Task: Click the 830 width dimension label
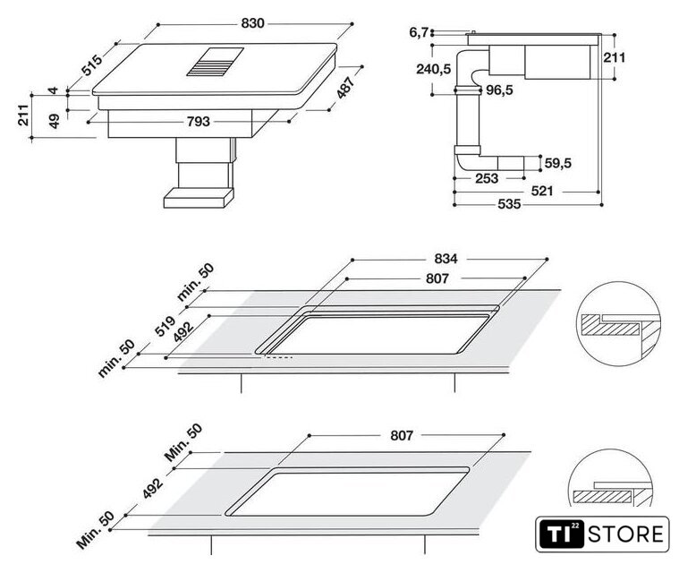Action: pos(252,23)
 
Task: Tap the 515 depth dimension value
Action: pos(93,65)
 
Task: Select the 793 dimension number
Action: pos(199,122)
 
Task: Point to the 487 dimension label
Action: pos(345,87)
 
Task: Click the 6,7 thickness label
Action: pos(419,32)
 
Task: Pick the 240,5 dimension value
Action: pos(434,69)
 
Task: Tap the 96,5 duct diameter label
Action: pos(499,90)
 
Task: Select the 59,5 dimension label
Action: pos(557,164)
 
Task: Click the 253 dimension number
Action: pos(487,178)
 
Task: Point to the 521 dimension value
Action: pos(542,191)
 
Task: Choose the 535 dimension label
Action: pos(509,204)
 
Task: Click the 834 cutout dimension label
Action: pos(446,259)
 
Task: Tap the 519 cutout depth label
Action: pos(165,326)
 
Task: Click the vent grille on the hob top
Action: pos(216,62)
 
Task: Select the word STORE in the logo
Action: pos(625,534)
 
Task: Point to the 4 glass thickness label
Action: pos(53,90)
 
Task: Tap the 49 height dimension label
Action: pos(54,121)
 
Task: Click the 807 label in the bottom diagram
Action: pos(402,435)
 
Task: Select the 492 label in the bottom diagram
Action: pos(153,488)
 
